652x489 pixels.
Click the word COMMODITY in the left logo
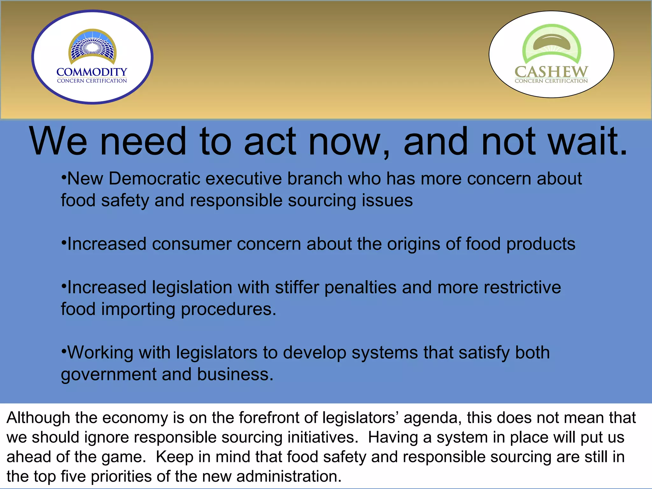coord(92,72)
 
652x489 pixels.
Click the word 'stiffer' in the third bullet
coord(297,287)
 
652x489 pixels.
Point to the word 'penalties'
coord(360,287)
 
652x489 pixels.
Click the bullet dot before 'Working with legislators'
coord(64,351)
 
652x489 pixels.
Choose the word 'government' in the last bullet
coord(109,374)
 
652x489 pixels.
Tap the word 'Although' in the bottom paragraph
coord(38,418)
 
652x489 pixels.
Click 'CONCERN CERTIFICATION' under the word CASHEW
coord(551,81)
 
